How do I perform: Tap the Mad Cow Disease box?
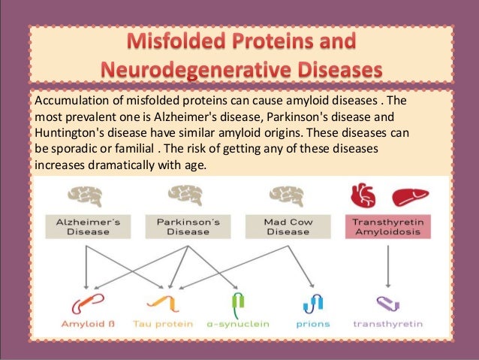click(x=288, y=227)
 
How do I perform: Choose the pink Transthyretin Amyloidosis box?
click(x=387, y=227)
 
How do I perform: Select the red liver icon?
click(x=410, y=196)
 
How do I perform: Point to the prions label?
click(x=312, y=325)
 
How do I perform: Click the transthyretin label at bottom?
click(x=387, y=325)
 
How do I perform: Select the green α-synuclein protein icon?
click(x=237, y=302)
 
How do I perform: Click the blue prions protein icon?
click(x=312, y=303)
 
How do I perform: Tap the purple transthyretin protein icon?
click(x=387, y=304)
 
